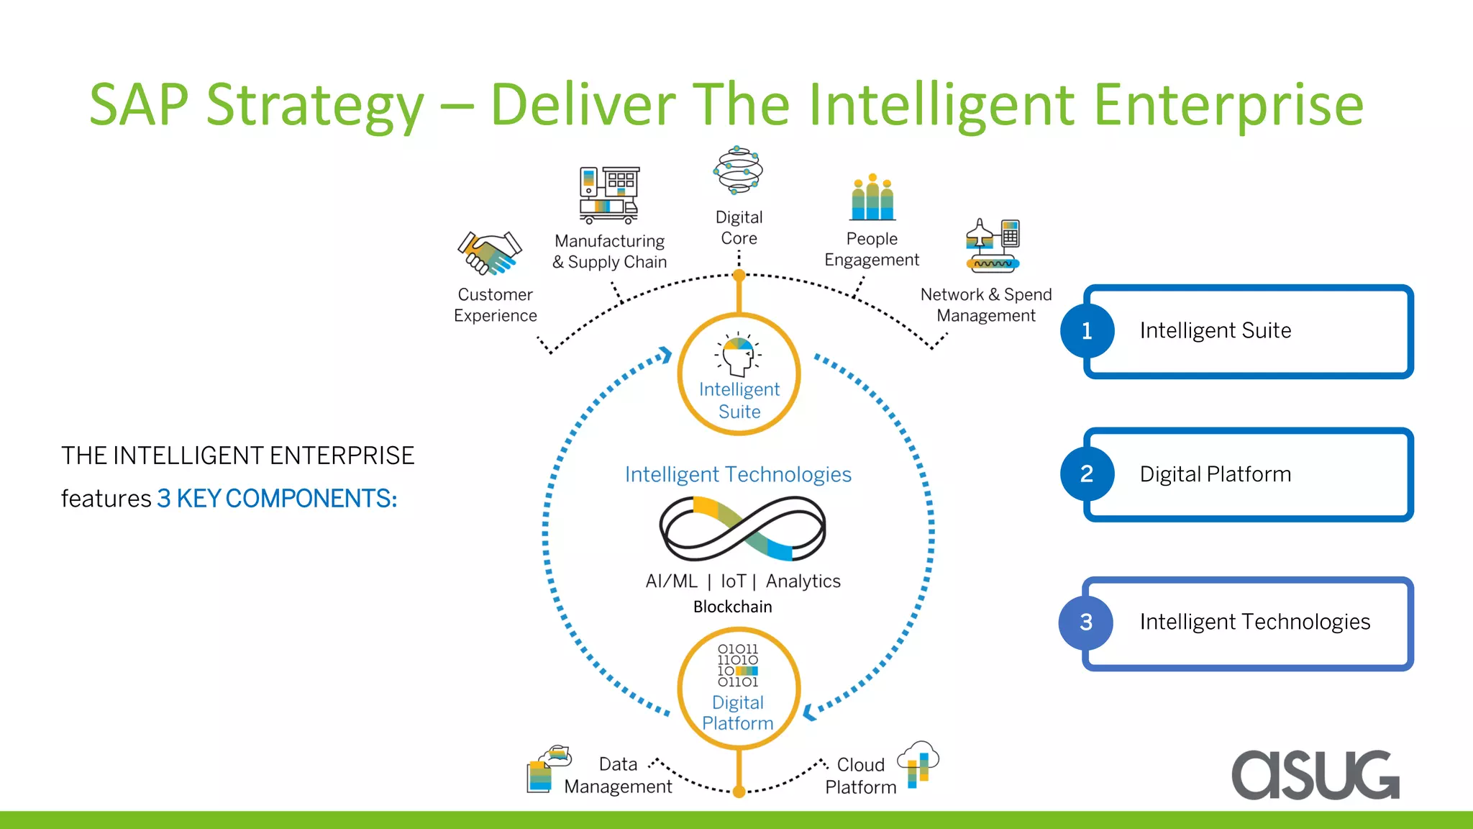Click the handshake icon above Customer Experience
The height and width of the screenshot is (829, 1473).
pyautogui.click(x=489, y=253)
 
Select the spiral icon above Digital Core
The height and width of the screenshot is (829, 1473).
pyautogui.click(x=738, y=170)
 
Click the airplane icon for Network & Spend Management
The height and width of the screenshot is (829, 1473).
pyautogui.click(x=993, y=245)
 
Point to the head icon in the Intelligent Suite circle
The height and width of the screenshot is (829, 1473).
pyautogui.click(x=738, y=355)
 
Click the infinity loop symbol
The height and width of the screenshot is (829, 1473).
pyautogui.click(x=742, y=528)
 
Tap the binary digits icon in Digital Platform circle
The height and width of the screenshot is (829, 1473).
pyautogui.click(x=738, y=665)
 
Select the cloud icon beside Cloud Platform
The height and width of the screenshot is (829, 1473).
pyautogui.click(x=918, y=763)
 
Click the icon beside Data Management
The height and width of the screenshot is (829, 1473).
pyautogui.click(x=548, y=769)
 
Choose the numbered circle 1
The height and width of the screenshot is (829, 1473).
pyautogui.click(x=1087, y=331)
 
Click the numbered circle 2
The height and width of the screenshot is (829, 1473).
pyautogui.click(x=1087, y=474)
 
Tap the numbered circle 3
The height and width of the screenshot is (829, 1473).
pyautogui.click(x=1086, y=622)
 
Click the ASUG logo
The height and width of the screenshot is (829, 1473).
pyautogui.click(x=1315, y=774)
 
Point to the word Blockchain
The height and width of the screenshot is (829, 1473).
pyautogui.click(x=732, y=607)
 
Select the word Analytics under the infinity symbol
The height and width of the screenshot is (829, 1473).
pyautogui.click(x=803, y=581)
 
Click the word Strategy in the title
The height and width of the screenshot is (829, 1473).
pyautogui.click(x=314, y=105)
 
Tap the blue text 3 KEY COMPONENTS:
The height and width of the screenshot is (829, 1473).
pyautogui.click(x=277, y=498)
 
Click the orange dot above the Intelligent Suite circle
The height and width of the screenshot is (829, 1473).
pyautogui.click(x=739, y=275)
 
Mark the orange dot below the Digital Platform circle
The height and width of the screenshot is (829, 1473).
pyautogui.click(x=739, y=792)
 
